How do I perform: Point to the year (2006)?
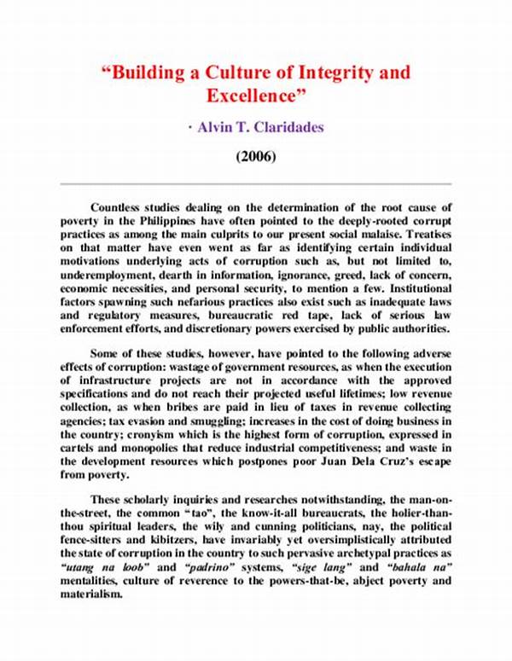tap(256, 158)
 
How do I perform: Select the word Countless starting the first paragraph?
tap(119, 207)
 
